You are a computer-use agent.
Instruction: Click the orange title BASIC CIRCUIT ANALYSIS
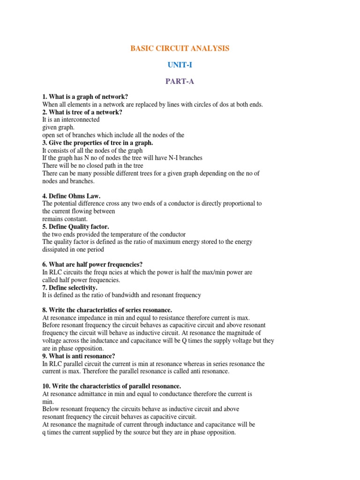[x=180, y=49]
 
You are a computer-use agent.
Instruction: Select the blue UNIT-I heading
[x=180, y=65]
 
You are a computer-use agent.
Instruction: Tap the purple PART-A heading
[x=180, y=82]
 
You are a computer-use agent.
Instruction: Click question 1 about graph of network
[x=85, y=97]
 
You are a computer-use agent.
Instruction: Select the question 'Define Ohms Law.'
[x=71, y=196]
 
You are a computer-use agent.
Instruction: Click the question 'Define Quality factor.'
[x=75, y=226]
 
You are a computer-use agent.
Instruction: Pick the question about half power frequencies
[x=92, y=264]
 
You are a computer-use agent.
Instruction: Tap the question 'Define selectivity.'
[x=70, y=287]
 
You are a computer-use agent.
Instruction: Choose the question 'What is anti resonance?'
[x=79, y=356]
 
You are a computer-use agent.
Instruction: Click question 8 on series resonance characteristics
[x=107, y=310]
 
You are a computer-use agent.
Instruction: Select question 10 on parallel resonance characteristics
[x=112, y=386]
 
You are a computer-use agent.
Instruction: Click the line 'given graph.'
[x=59, y=127]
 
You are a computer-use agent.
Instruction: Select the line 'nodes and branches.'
[x=68, y=181]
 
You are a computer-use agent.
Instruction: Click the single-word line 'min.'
[x=48, y=402]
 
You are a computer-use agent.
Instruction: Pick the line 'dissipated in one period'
[x=73, y=249]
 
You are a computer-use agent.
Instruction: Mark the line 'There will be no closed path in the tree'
[x=93, y=165]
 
